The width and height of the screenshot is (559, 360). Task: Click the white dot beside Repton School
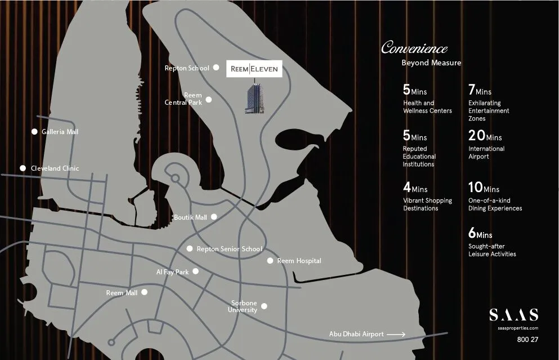[216, 68]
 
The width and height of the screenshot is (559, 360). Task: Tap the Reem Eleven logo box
[254, 69]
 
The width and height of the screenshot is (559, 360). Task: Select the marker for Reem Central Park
[209, 100]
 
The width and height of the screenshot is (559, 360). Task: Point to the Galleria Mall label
[60, 132]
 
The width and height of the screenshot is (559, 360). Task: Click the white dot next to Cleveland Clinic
[23, 168]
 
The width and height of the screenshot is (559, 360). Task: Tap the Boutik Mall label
[190, 217]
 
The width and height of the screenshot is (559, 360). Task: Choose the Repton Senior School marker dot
[190, 248]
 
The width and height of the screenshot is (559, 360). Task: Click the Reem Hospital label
[299, 261]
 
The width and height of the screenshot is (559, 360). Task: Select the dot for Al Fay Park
[195, 271]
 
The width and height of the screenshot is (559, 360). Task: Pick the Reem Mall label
[122, 293]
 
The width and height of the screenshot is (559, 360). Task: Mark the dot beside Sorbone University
[264, 306]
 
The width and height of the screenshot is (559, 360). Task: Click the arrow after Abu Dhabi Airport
[396, 334]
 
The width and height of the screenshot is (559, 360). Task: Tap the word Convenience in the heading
[414, 48]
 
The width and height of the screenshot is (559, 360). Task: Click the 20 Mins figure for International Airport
[484, 136]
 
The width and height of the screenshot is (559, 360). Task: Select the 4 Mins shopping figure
[415, 188]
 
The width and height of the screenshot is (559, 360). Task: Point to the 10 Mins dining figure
[484, 188]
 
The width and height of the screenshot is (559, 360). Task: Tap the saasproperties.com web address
[518, 328]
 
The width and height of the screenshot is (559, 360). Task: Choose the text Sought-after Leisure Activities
[492, 250]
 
